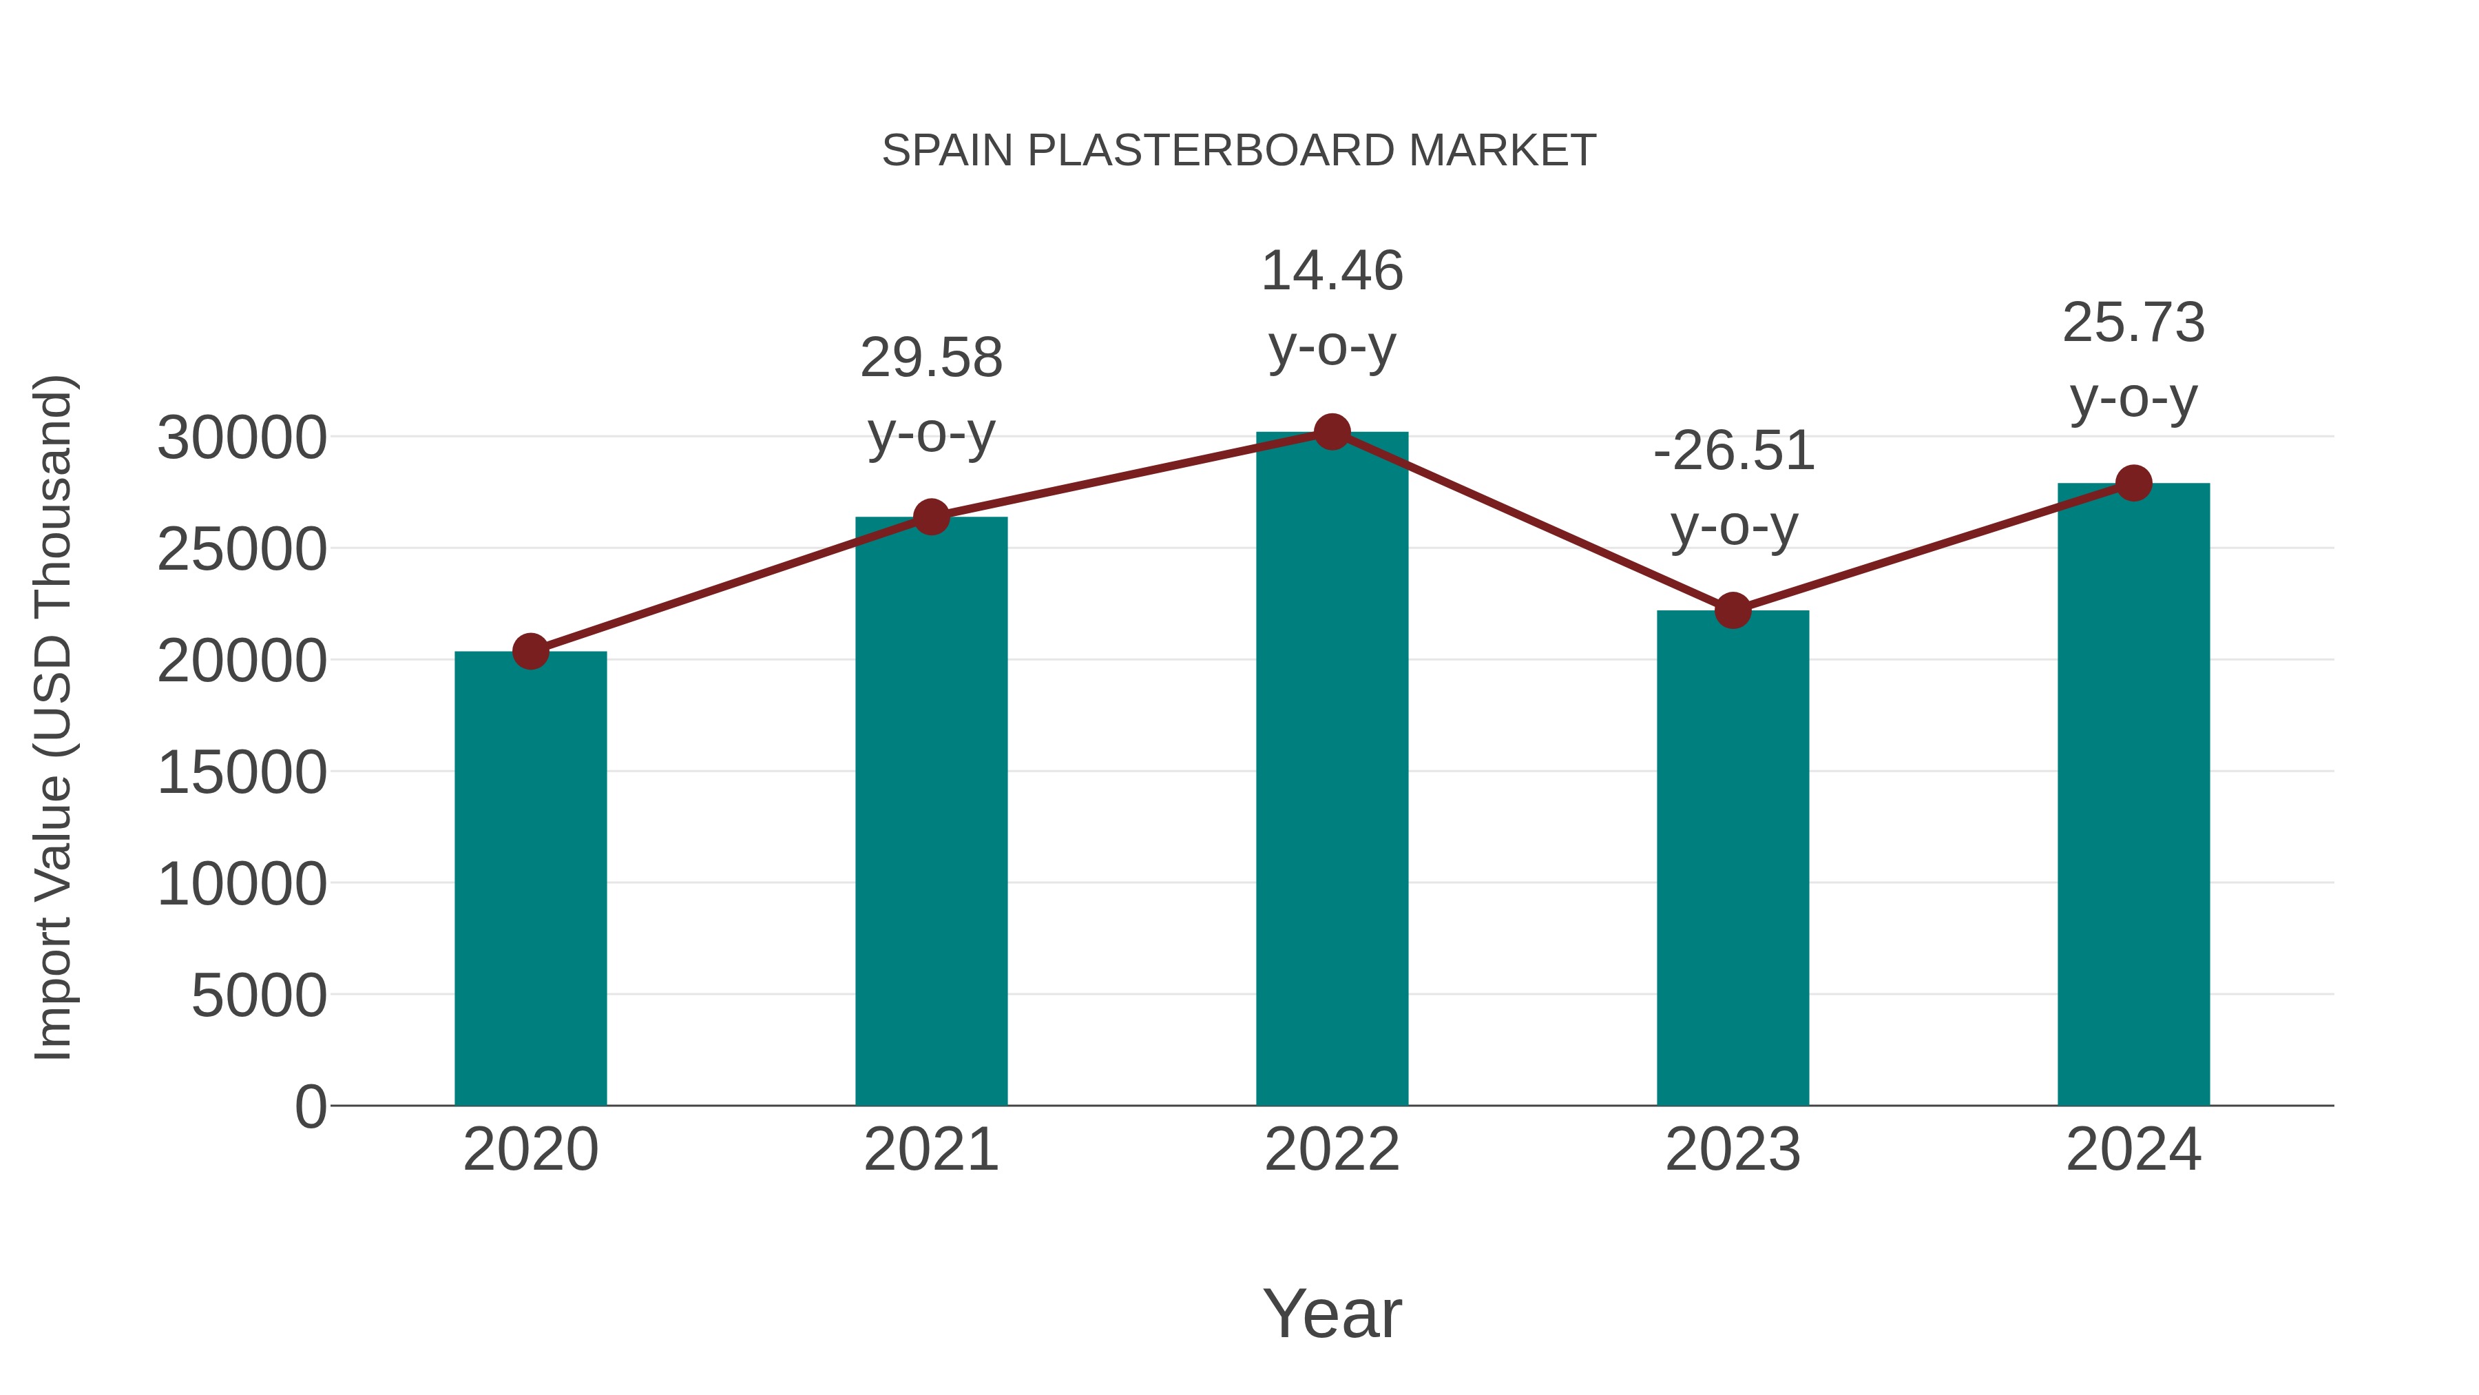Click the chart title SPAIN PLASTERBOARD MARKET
[1239, 151]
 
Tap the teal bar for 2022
[1332, 770]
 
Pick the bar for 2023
[1733, 857]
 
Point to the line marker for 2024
[2133, 484]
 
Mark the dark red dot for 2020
[530, 652]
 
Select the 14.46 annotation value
[1332, 271]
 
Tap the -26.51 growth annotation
[1733, 451]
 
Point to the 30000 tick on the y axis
[242, 438]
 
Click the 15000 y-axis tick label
[242, 772]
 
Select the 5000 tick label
[258, 995]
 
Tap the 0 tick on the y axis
[310, 1106]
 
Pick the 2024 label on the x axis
[2133, 1150]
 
